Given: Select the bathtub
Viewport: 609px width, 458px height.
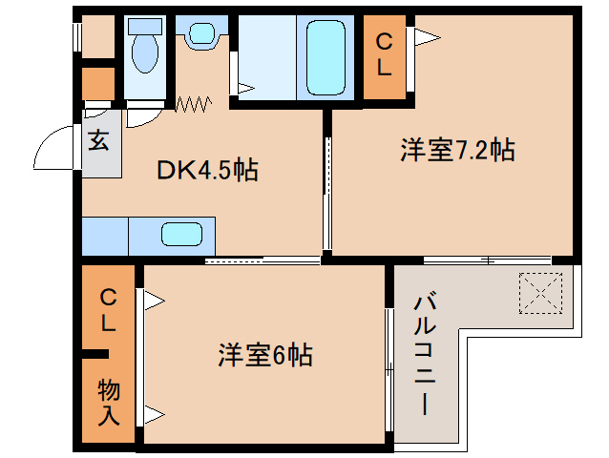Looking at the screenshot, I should (x=327, y=57).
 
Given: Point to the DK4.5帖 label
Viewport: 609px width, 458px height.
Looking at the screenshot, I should (x=208, y=171).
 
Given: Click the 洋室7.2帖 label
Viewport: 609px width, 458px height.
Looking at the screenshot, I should (x=457, y=150).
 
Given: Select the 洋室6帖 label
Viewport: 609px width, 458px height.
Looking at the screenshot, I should (x=265, y=355).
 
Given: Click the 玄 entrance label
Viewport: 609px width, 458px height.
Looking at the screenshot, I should (x=99, y=141).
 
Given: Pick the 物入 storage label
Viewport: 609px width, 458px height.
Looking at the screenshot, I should (x=108, y=402).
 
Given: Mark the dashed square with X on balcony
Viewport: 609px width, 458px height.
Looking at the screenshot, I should (x=541, y=291).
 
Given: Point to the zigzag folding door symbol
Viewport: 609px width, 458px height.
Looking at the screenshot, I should (x=193, y=103).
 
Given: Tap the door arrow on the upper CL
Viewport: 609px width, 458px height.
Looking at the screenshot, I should (x=426, y=37).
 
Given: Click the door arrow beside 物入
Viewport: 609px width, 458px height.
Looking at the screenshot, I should (x=153, y=414).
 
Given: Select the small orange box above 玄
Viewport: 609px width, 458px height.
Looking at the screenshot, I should (x=97, y=84).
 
